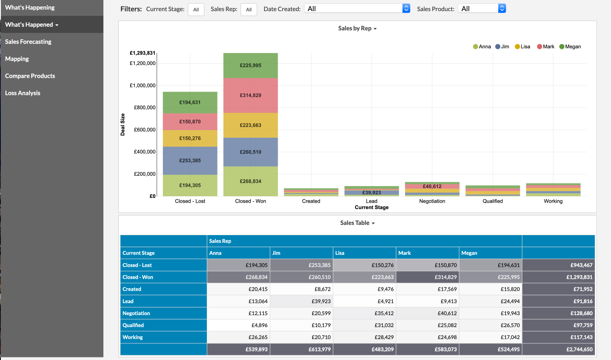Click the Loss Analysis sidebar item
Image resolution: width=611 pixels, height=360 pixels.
point(23,93)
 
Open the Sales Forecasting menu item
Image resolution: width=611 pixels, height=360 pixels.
point(28,41)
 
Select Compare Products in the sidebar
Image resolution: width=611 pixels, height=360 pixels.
point(30,76)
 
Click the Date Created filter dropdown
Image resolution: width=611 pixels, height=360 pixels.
point(357,9)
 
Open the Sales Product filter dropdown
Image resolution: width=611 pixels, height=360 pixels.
point(482,9)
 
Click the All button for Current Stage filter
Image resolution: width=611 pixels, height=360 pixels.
point(196,9)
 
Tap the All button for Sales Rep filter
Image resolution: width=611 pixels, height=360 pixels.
point(249,9)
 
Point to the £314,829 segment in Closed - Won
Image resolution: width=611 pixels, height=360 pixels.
point(250,95)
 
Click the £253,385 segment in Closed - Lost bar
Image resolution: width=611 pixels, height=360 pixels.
point(190,160)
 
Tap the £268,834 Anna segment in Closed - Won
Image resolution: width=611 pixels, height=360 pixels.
point(250,181)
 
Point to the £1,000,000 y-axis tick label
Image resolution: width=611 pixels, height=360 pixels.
point(143,86)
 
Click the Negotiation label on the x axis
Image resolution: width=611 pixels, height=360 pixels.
point(432,201)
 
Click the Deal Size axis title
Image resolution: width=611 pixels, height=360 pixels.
point(123,124)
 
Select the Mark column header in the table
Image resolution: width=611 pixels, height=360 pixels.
point(405,253)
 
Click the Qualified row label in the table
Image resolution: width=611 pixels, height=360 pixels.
point(133,325)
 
